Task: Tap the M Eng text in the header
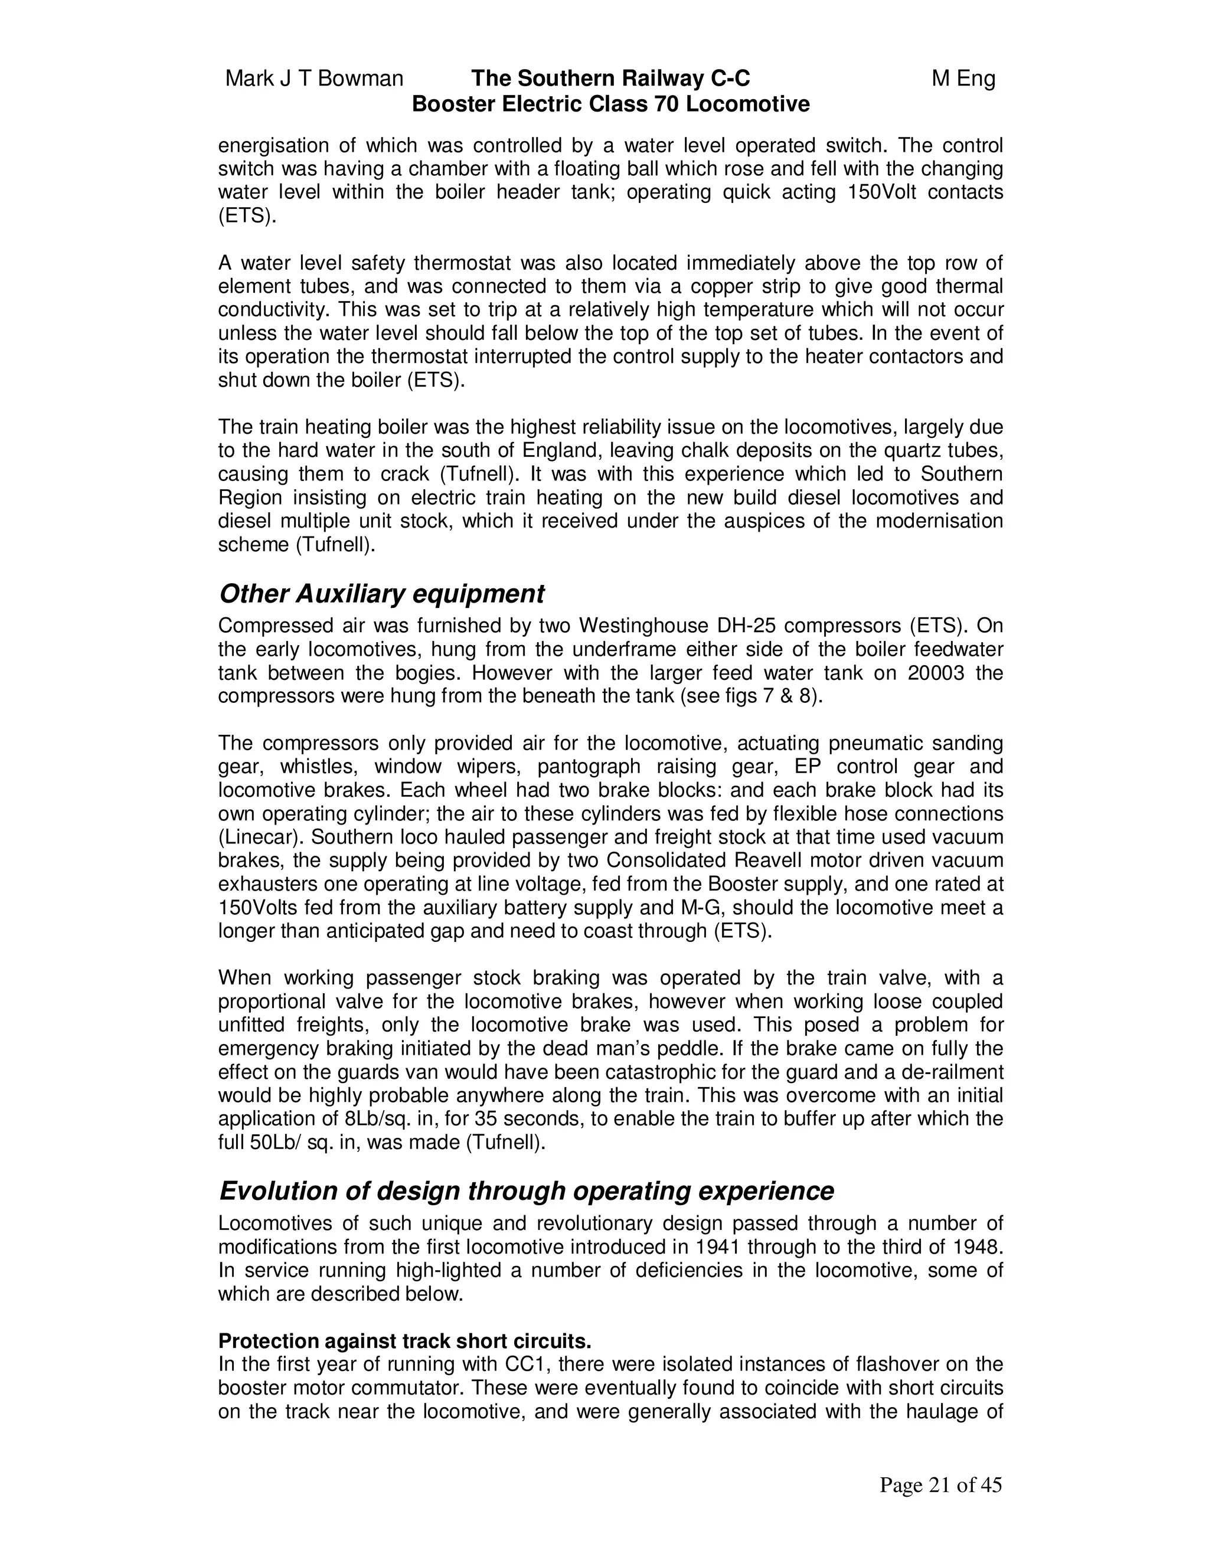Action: pyautogui.click(x=963, y=78)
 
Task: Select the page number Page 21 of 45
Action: pyautogui.click(x=940, y=1486)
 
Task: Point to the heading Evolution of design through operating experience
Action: pyautogui.click(x=526, y=1191)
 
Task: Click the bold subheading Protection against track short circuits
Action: pyautogui.click(x=404, y=1340)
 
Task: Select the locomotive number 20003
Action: pyautogui.click(x=940, y=673)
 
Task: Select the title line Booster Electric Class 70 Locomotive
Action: pyautogui.click(x=610, y=104)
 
